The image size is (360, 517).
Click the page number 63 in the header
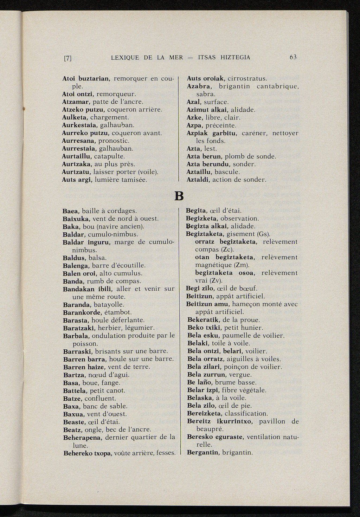tap(293, 57)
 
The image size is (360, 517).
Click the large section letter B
tap(179, 195)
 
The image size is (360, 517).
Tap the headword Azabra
tap(199, 86)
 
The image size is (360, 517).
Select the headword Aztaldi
tap(198, 180)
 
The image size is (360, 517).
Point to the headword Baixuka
tap(75, 219)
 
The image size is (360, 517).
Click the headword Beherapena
tap(82, 438)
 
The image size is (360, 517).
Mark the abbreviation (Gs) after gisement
tap(263, 234)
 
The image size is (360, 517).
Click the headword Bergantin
tap(202, 452)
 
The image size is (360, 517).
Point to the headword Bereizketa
tap(204, 413)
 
